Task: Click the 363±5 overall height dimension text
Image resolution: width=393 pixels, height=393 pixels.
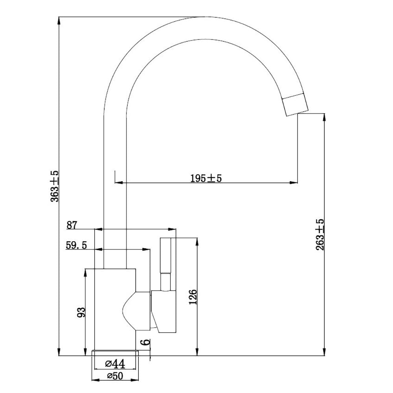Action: click(x=55, y=186)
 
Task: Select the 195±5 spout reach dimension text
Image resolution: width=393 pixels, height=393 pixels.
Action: click(x=206, y=178)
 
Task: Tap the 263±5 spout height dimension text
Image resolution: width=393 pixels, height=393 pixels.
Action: click(x=320, y=235)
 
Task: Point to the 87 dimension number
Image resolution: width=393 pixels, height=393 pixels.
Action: click(x=72, y=225)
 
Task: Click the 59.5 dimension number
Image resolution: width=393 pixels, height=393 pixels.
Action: click(x=76, y=246)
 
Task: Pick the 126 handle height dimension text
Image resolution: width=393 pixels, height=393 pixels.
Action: click(x=192, y=298)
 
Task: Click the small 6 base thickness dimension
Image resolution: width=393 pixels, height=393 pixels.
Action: click(x=146, y=342)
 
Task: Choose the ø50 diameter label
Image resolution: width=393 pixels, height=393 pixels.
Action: click(x=116, y=376)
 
